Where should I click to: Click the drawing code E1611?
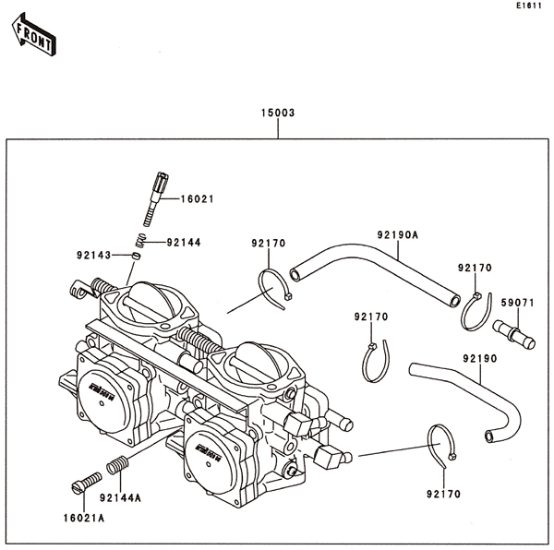[x=527, y=6]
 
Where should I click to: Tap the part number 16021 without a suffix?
[x=197, y=198]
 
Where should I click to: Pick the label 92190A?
[x=397, y=234]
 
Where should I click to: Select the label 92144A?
[x=121, y=498]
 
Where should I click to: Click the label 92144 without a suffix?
[x=184, y=243]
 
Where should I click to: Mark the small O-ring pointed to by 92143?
[x=134, y=256]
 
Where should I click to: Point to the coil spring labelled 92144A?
[x=115, y=467]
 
